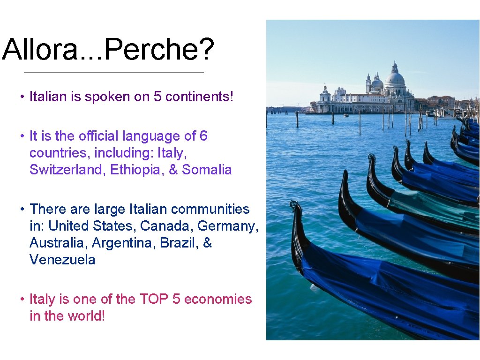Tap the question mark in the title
point(206,50)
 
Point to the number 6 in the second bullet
point(203,136)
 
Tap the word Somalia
point(207,170)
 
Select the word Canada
point(167,226)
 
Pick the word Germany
point(228,226)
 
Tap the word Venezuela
point(62,260)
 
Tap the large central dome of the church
point(395,78)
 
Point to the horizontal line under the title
point(114,73)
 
